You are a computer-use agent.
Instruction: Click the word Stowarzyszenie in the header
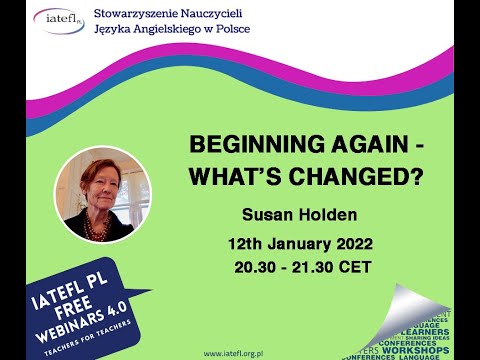click(141, 11)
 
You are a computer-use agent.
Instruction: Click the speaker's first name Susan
click(266, 214)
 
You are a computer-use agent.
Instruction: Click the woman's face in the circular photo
click(96, 186)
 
